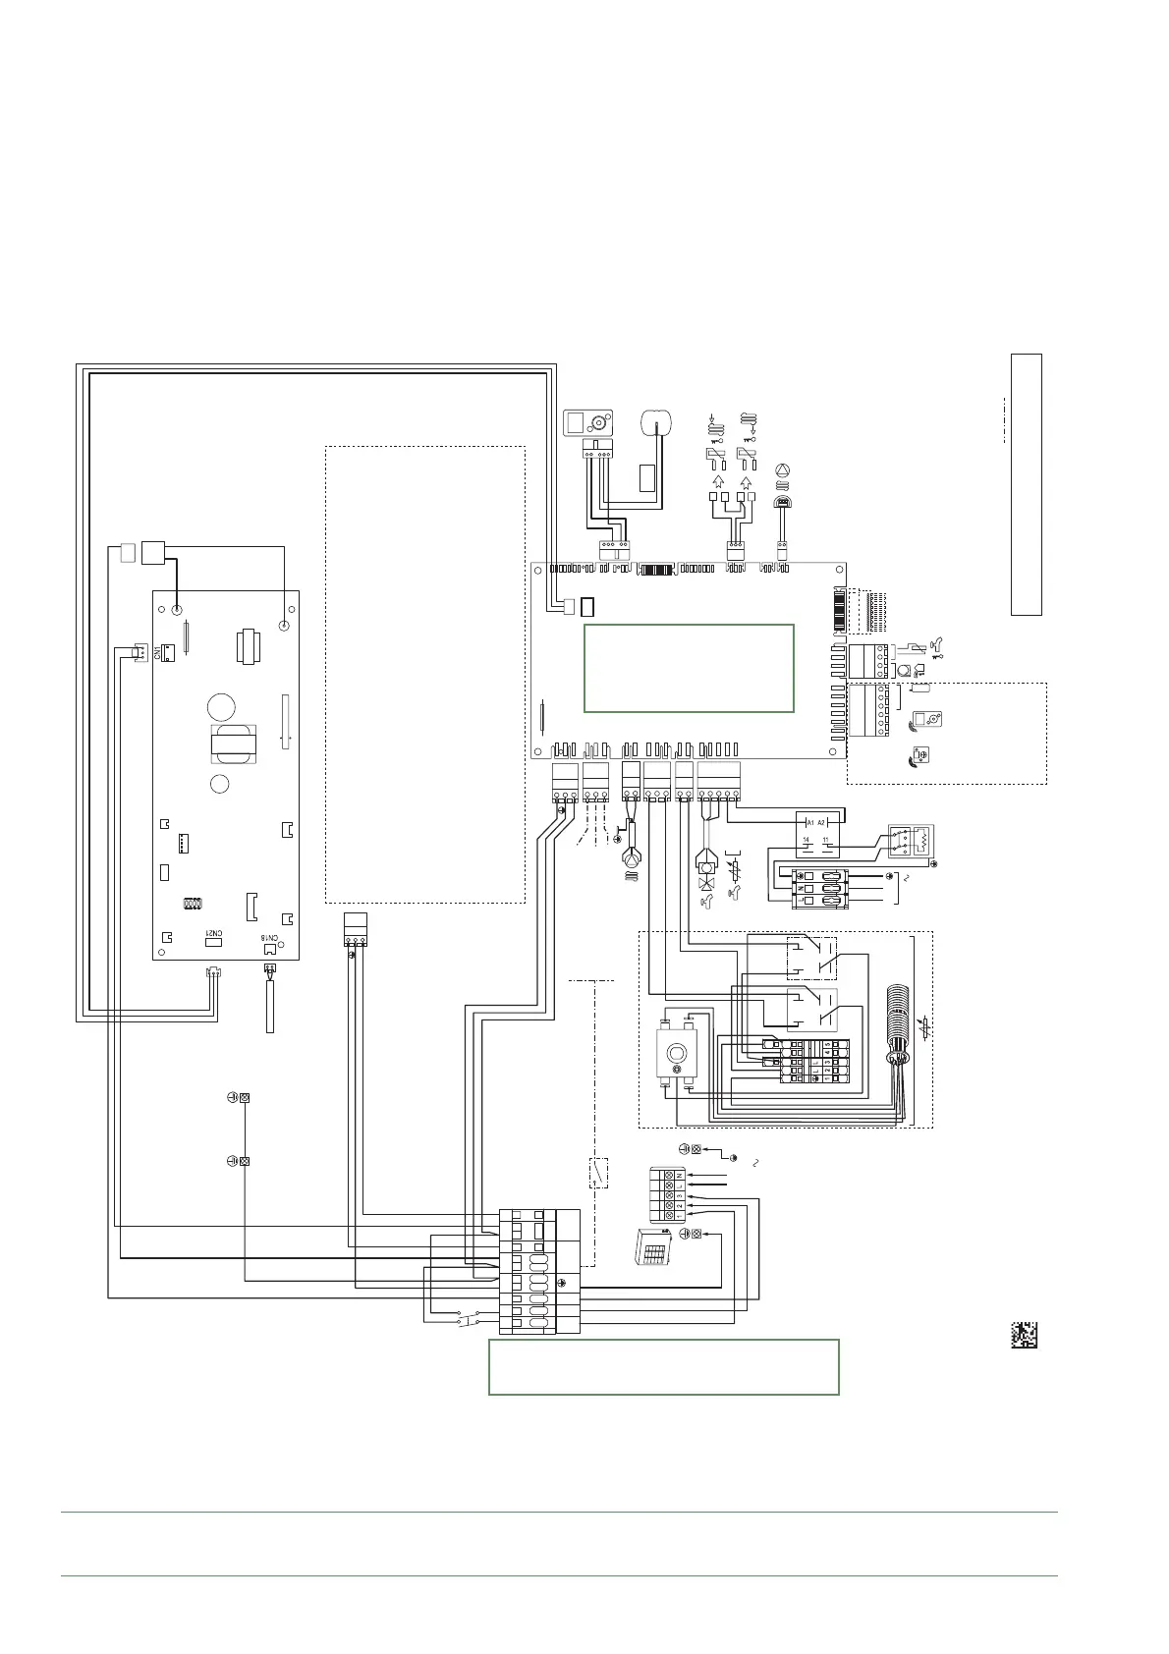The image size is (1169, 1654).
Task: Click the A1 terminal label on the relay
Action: pos(809,821)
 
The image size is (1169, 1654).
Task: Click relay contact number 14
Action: pos(807,840)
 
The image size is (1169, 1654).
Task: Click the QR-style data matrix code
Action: pos(1025,1335)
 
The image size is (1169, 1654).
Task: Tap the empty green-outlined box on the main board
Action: pos(688,667)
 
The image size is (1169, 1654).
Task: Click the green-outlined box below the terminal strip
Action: pos(663,1366)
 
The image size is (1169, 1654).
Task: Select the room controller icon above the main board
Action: pos(586,423)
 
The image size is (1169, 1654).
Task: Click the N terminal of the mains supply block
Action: pos(679,1175)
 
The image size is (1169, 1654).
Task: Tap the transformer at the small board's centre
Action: pos(233,744)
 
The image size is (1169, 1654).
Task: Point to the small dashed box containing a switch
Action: pos(597,1173)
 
